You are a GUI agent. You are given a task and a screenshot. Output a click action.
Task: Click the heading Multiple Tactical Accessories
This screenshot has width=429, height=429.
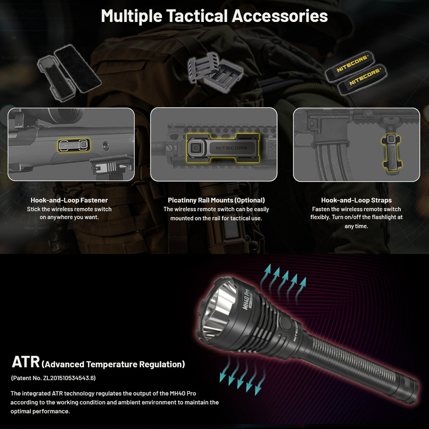[214, 16]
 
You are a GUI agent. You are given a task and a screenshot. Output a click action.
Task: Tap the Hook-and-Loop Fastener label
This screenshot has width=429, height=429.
[69, 200]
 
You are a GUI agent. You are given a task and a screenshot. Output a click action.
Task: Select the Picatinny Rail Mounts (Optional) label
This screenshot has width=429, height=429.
[216, 200]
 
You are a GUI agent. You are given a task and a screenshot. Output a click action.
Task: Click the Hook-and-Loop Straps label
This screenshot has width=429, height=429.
[356, 200]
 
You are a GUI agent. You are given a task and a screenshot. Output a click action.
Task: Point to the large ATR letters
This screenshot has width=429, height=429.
[26, 362]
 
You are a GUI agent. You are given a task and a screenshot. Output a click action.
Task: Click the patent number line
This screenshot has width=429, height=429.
[53, 378]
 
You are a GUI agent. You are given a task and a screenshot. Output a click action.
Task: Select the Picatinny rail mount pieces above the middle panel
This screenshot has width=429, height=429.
[214, 73]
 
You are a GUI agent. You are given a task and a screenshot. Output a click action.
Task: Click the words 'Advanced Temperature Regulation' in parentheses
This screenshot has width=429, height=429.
[114, 364]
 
